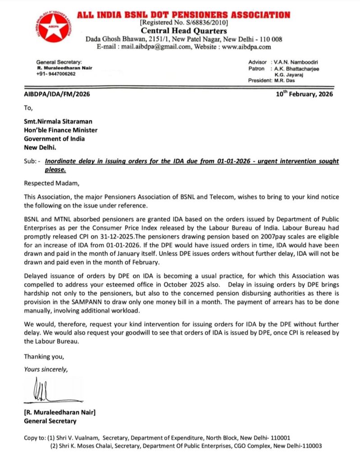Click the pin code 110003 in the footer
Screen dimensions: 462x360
click(311, 446)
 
